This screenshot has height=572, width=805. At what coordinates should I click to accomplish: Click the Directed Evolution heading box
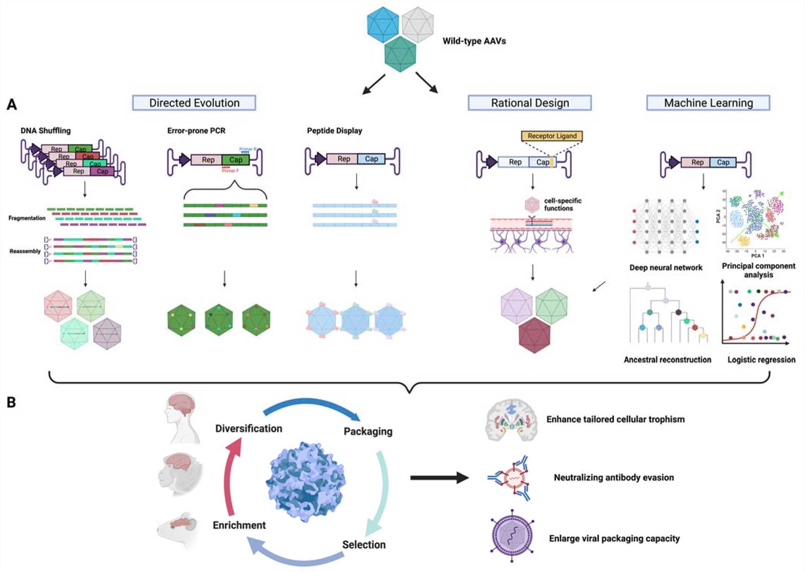click(x=194, y=103)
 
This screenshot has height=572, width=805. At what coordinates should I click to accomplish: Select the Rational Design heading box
click(x=529, y=103)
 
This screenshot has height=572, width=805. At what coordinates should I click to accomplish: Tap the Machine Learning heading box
click(x=708, y=103)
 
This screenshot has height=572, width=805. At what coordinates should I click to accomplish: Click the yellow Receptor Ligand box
click(x=552, y=136)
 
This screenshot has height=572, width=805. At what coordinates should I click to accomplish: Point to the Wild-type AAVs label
click(x=474, y=41)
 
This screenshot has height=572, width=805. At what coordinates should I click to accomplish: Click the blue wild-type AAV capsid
click(x=383, y=24)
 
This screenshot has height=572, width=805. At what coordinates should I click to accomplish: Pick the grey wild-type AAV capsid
click(x=418, y=24)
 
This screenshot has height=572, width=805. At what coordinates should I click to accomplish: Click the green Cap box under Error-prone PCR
click(x=236, y=160)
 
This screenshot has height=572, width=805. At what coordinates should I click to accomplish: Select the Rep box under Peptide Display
click(x=343, y=159)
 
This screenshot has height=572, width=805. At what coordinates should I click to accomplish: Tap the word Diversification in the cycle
click(x=249, y=428)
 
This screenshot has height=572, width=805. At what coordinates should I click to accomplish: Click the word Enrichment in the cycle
click(x=239, y=525)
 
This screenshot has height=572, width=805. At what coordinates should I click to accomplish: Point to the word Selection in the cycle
click(x=364, y=545)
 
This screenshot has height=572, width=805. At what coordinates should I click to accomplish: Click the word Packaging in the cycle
click(x=368, y=431)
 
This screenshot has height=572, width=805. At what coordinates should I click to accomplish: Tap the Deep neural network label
click(x=666, y=267)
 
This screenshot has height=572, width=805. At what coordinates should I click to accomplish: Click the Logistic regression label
click(x=761, y=360)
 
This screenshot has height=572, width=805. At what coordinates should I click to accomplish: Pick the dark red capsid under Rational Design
click(x=534, y=335)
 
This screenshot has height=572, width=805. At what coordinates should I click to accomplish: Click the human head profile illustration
click(x=181, y=418)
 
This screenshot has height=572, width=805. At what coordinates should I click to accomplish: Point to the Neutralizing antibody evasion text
click(x=613, y=477)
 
